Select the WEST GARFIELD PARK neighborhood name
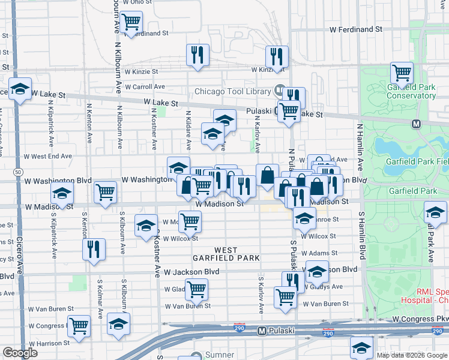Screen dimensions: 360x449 click(226, 254)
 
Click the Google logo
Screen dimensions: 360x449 click(20, 353)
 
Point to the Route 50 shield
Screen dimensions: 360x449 click(19, 172)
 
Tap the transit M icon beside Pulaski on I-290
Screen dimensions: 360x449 click(262, 331)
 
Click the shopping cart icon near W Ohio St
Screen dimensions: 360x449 click(131, 22)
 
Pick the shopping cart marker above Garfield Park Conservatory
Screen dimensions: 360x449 click(402, 73)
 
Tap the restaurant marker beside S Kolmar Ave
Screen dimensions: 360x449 click(94, 249)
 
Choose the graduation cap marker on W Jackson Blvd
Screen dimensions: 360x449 click(317, 272)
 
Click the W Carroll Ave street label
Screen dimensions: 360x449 click(145, 87)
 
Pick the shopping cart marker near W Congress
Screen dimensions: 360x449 click(79, 326)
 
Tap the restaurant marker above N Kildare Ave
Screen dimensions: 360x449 click(197, 55)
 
